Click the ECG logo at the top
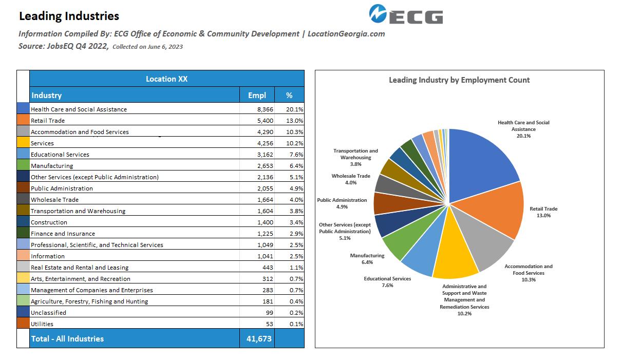(x=406, y=14)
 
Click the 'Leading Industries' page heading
(x=69, y=16)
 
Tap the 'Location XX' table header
(x=166, y=79)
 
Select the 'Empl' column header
(x=257, y=95)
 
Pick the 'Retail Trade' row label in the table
(x=48, y=121)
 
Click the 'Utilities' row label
(x=42, y=324)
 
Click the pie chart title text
(x=459, y=80)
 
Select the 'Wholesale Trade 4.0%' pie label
(x=351, y=179)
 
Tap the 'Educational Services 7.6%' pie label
(x=387, y=282)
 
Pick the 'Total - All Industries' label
(x=67, y=338)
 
